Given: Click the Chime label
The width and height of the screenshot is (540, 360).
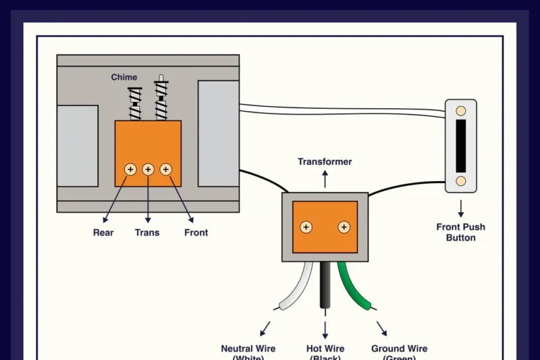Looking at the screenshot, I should [x=124, y=78].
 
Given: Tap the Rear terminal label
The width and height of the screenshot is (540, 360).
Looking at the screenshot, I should [x=103, y=232].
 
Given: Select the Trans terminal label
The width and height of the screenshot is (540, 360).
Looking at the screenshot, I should [x=147, y=232].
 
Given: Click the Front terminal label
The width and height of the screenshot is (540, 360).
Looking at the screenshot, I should [x=196, y=232].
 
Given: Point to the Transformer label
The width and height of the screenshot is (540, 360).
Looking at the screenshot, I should [x=325, y=162].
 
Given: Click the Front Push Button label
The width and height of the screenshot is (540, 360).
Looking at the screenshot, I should [x=460, y=232].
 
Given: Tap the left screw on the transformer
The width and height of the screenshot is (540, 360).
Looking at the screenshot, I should [x=306, y=227].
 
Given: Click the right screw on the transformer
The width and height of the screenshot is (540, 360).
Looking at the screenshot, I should [x=344, y=227].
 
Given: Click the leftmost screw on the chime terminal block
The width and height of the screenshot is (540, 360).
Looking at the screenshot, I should [x=130, y=169].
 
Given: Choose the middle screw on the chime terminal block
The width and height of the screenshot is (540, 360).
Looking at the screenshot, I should [x=148, y=169].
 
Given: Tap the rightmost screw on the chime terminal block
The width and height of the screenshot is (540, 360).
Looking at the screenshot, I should [x=165, y=169].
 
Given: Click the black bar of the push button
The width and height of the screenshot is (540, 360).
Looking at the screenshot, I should [x=461, y=145].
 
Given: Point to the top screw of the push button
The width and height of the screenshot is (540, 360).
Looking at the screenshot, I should [x=461, y=110].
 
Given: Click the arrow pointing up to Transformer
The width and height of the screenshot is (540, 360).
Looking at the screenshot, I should [x=325, y=179].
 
